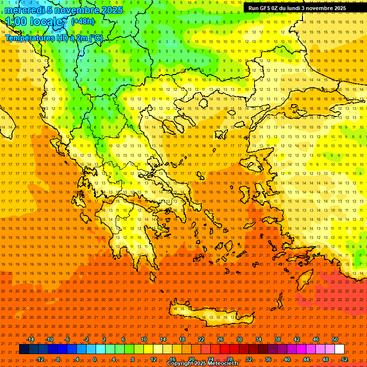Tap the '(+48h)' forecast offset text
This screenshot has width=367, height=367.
(x=83, y=21)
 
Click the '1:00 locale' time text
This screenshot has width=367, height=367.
(x=34, y=22)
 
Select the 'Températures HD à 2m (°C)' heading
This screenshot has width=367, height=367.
(x=54, y=38)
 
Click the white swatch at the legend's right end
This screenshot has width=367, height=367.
(x=339, y=349)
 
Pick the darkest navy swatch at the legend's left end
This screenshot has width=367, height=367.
(x=24, y=349)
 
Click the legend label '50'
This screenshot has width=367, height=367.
(x=335, y=339)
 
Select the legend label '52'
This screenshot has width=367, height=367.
(x=345, y=359)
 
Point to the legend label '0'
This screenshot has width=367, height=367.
(x=95, y=359)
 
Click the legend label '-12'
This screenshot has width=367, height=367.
(x=40, y=359)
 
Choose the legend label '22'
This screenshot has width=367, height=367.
(x=201, y=339)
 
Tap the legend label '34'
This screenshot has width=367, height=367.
(x=259, y=339)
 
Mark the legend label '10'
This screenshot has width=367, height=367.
(x=143, y=339)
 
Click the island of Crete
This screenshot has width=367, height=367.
(x=210, y=313)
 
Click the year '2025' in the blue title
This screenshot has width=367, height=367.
(x=111, y=10)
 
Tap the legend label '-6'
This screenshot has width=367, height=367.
(x=67, y=339)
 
